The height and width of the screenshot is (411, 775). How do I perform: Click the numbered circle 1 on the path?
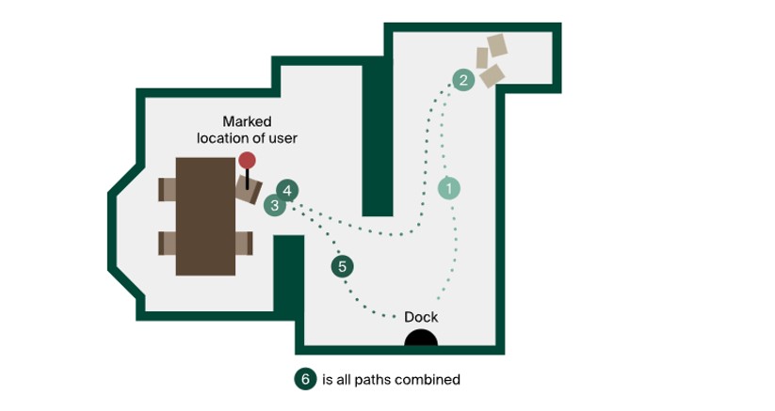[450, 188]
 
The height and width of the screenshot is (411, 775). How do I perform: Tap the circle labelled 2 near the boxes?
[462, 80]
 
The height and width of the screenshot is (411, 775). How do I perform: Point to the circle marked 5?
[342, 267]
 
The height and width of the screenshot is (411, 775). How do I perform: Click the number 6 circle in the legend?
[304, 379]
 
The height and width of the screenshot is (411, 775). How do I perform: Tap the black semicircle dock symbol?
[420, 339]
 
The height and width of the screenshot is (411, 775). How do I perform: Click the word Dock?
[421, 317]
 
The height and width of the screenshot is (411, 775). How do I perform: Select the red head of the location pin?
[247, 161]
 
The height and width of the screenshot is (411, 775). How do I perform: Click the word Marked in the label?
[247, 121]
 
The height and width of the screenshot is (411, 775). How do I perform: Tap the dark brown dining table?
[205, 215]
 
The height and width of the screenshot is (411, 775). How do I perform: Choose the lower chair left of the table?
[168, 243]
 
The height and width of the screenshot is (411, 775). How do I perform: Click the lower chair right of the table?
[244, 243]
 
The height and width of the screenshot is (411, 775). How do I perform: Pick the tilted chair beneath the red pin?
[250, 192]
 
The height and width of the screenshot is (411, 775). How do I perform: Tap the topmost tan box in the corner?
[496, 45]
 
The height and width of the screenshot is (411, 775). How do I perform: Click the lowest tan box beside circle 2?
[492, 75]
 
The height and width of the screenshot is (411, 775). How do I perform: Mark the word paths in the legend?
[381, 380]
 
